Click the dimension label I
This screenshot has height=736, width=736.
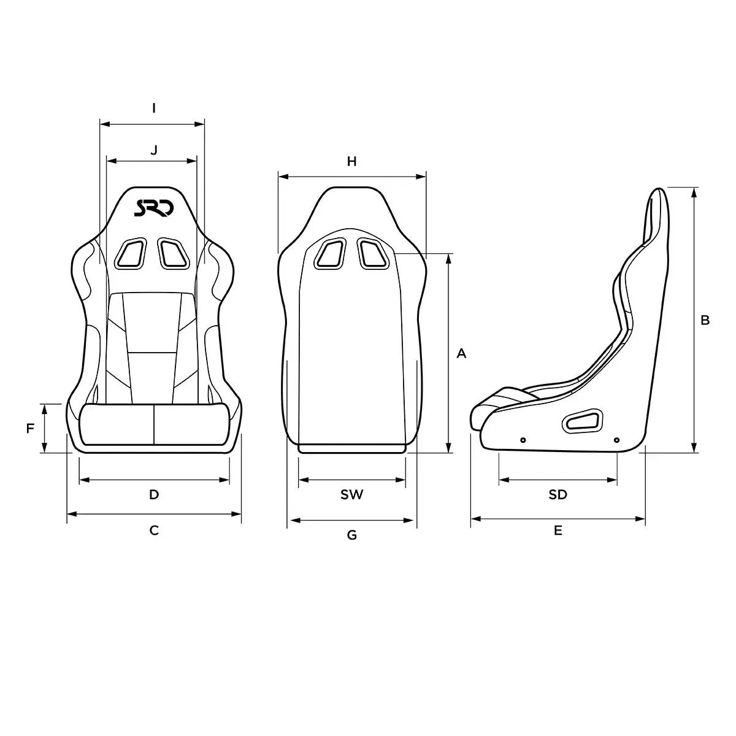click(x=154, y=109)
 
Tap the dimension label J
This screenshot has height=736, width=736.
click(x=154, y=150)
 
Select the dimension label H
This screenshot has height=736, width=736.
click(x=352, y=161)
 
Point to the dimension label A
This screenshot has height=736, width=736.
click(x=462, y=354)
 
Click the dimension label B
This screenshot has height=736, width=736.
click(x=705, y=320)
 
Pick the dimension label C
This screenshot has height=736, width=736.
click(x=154, y=530)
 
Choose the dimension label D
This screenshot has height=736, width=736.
click(x=154, y=494)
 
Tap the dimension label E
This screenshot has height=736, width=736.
click(x=558, y=530)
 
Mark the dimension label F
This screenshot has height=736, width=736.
click(x=30, y=429)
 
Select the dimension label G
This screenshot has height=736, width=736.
click(x=352, y=535)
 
